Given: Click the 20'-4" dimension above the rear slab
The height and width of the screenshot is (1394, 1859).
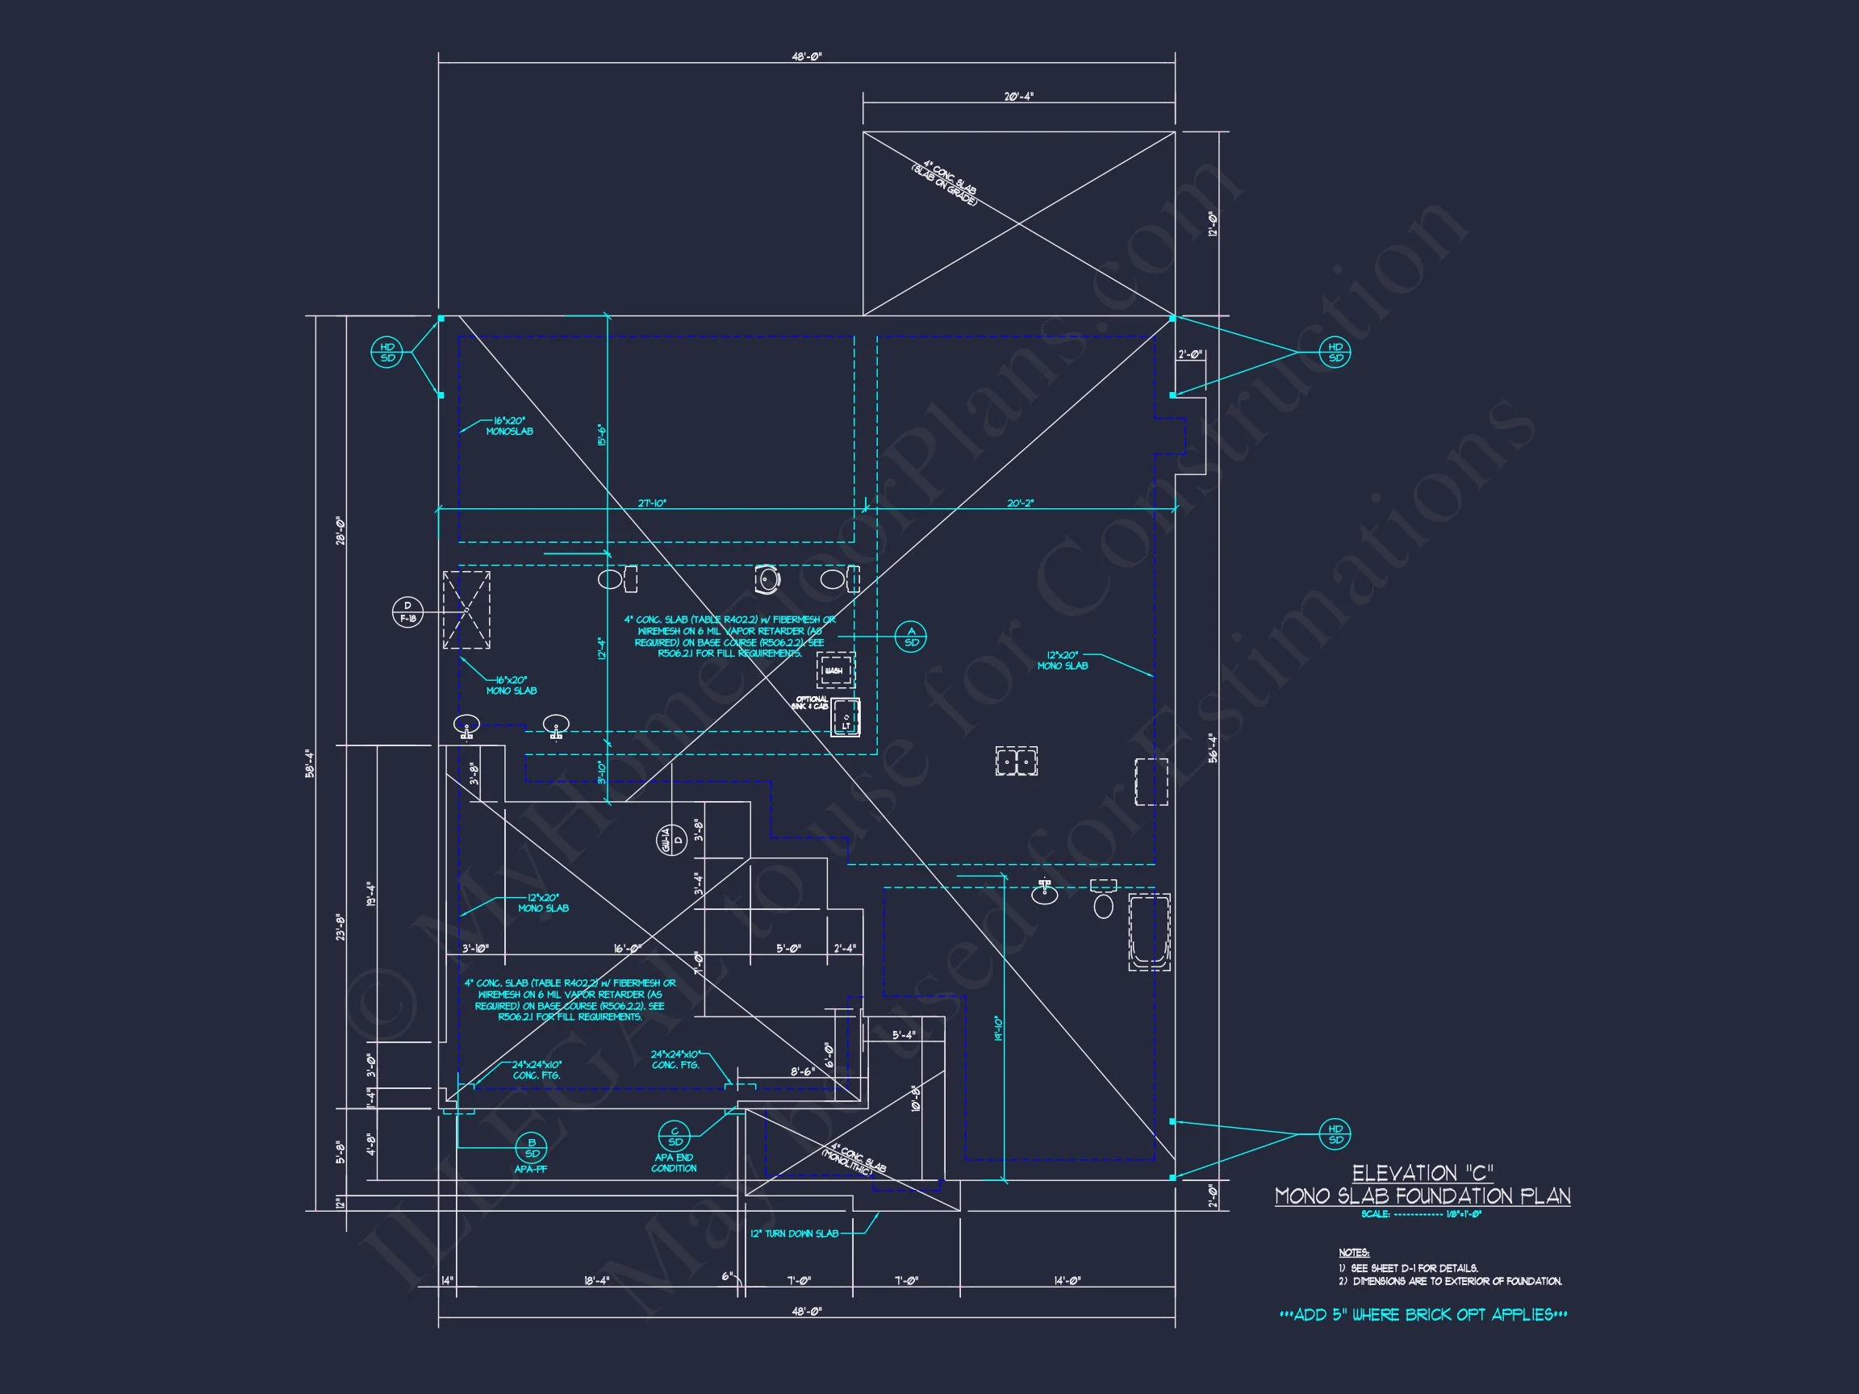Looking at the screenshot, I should click(1018, 97).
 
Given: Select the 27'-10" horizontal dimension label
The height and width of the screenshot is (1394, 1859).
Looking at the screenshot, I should click(652, 503).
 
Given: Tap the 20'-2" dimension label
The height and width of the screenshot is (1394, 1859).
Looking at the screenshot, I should click(1020, 503).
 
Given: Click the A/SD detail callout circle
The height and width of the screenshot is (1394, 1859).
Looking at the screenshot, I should click(911, 637).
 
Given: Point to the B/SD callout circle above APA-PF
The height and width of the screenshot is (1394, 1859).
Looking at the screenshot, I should click(531, 1148).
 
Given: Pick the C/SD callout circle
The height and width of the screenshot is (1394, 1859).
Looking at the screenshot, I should click(674, 1136).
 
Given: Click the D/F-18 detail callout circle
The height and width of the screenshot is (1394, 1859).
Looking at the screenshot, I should click(407, 611).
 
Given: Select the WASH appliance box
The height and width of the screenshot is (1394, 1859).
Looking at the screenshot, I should click(835, 670).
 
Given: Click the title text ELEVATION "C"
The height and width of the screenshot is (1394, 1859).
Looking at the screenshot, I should click(1422, 1173).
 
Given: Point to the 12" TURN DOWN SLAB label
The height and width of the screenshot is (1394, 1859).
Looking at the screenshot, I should click(794, 1233).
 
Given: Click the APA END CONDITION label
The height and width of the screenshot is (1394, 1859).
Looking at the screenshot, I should click(674, 1163).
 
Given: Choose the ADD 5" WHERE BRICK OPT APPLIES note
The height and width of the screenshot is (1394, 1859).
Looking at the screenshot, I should click(1422, 1315).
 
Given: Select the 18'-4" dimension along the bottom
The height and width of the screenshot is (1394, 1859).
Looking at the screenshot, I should click(597, 1280).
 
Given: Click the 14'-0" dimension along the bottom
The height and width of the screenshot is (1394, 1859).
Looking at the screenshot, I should click(1067, 1280).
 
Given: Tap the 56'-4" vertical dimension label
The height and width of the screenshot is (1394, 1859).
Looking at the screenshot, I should click(1213, 748).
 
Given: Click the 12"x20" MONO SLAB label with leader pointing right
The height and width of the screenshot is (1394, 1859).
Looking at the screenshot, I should click(1063, 661).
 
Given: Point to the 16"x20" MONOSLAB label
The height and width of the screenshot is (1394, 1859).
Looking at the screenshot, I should click(509, 426).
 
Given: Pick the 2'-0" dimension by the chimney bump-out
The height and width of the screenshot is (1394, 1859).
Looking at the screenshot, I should click(1190, 355).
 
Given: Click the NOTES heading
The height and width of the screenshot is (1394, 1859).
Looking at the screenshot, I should click(1354, 1253).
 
